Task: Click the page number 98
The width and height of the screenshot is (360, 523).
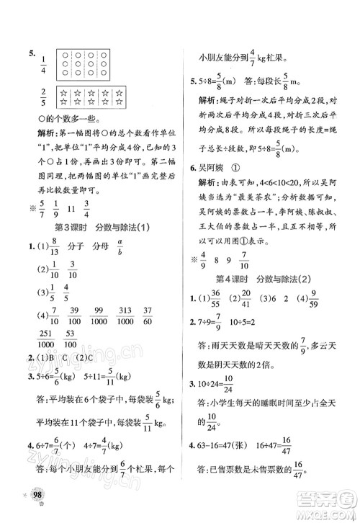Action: coord(30,501)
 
